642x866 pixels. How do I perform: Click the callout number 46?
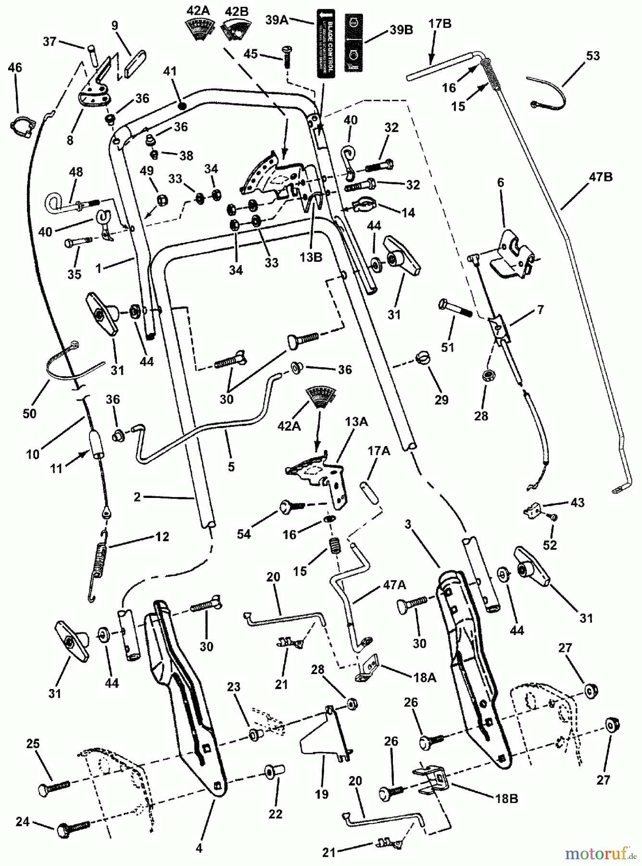tap(15, 68)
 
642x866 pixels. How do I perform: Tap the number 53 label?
tap(593, 55)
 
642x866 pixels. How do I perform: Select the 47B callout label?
tap(600, 177)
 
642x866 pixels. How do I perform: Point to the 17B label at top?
tap(440, 24)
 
